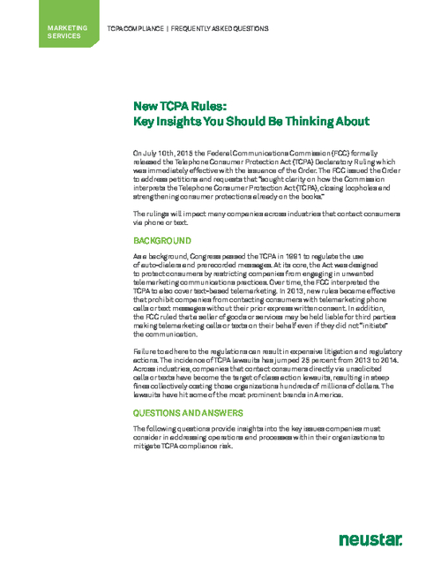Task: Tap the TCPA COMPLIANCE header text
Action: [x=137, y=29]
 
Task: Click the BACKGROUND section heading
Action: [x=162, y=240]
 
